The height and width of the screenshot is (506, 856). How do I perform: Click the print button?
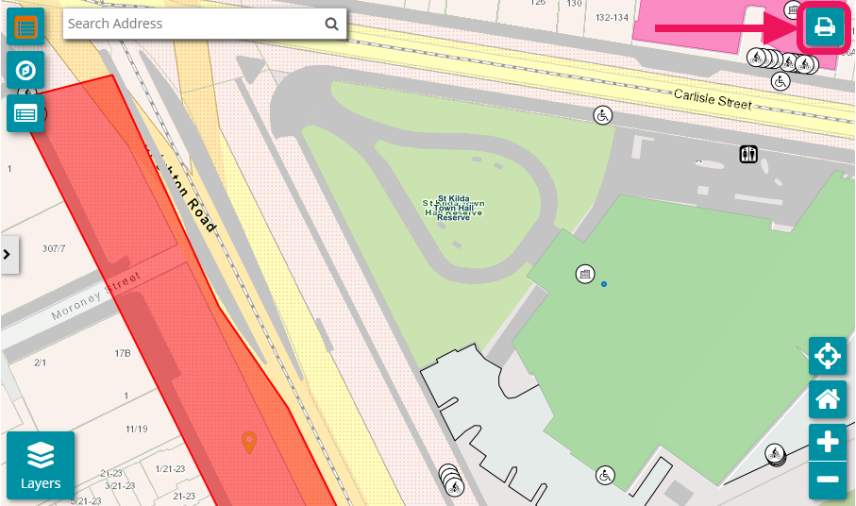(825, 27)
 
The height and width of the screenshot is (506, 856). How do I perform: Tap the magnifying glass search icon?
(331, 25)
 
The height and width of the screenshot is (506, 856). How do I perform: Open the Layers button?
(41, 464)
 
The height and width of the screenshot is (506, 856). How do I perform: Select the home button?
(828, 399)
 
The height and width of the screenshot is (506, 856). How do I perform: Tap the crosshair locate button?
(828, 356)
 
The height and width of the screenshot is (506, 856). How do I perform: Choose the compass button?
(25, 71)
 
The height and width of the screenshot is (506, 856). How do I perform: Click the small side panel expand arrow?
(8, 254)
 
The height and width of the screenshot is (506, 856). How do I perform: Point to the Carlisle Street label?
(713, 97)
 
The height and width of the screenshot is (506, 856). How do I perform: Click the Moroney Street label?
(95, 295)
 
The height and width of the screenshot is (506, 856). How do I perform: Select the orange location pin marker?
(248, 441)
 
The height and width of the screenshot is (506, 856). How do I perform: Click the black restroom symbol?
(748, 154)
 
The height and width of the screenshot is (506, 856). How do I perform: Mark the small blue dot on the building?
(604, 283)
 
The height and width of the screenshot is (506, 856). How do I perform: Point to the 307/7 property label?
(54, 248)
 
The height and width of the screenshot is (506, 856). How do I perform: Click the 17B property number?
(122, 353)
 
